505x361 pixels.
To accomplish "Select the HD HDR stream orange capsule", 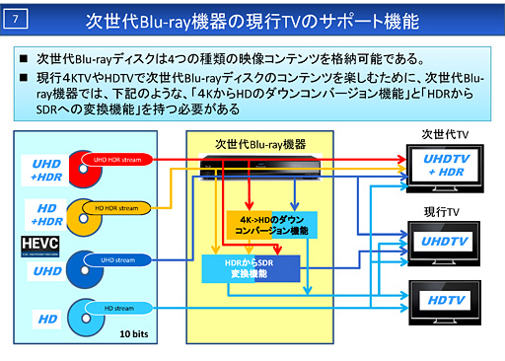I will [119, 207].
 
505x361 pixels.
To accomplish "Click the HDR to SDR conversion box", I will [248, 268].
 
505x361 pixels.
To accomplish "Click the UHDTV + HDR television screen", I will [446, 165].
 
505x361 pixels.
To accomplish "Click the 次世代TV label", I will [445, 132].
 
